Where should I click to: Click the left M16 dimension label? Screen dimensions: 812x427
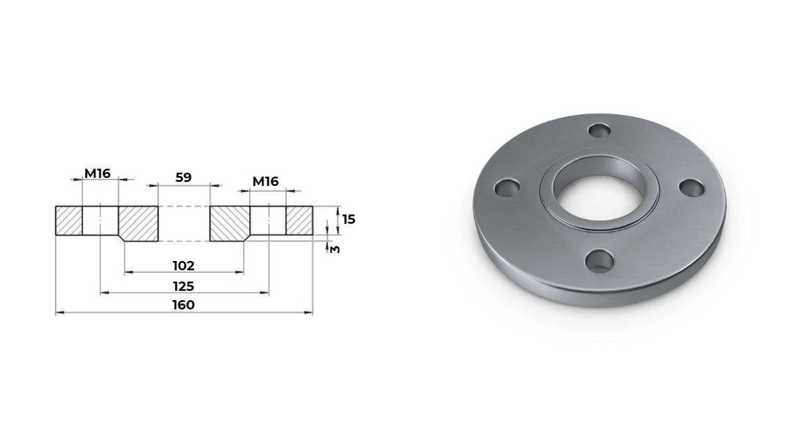click(x=98, y=174)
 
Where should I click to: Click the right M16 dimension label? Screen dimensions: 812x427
click(x=266, y=181)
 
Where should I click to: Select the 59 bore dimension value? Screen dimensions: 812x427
click(x=183, y=177)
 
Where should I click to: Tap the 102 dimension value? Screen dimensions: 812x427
click(x=183, y=266)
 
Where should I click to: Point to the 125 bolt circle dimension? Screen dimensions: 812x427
click(x=183, y=286)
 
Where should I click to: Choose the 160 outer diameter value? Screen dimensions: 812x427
click(x=183, y=305)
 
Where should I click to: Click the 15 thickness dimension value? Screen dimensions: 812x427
click(x=349, y=219)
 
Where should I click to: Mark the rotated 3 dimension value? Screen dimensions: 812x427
click(x=335, y=249)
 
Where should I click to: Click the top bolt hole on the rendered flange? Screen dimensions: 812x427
click(x=599, y=130)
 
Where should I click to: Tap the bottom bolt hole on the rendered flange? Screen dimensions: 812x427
click(x=599, y=261)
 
